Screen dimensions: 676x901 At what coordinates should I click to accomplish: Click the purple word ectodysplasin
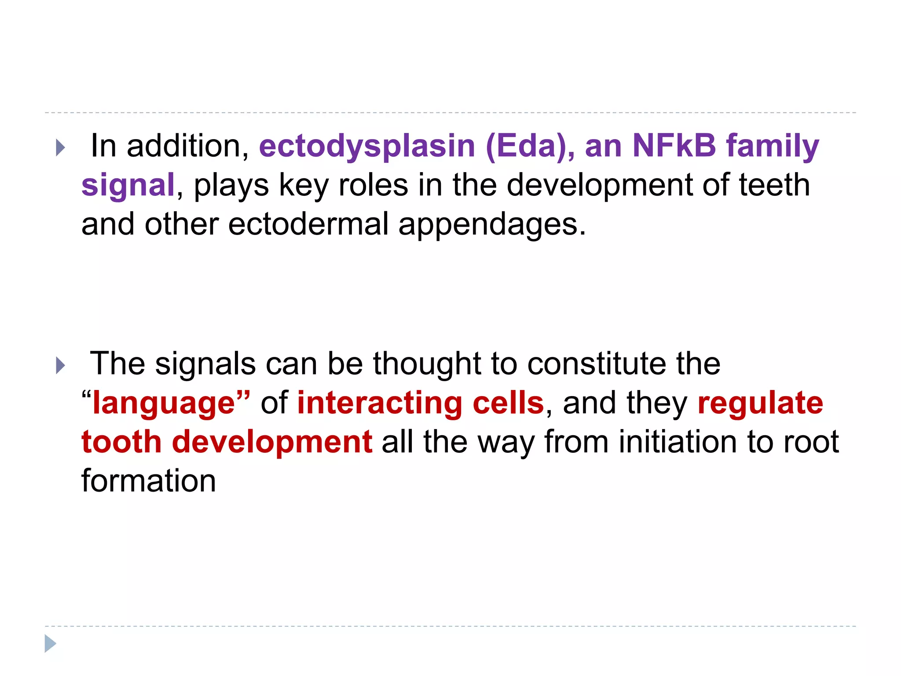pyautogui.click(x=367, y=146)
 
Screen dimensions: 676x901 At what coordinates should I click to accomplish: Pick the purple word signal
pyautogui.click(x=128, y=186)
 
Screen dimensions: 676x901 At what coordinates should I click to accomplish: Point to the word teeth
pyautogui.click(x=774, y=185)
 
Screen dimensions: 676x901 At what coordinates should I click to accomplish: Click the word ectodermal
pyautogui.click(x=308, y=224)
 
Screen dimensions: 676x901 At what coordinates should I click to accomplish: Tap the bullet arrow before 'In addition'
pyautogui.click(x=61, y=148)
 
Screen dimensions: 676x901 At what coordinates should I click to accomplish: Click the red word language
pyautogui.click(x=164, y=404)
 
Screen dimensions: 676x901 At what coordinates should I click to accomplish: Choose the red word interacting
pyautogui.click(x=380, y=403)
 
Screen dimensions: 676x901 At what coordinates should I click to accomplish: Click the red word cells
pyautogui.click(x=508, y=403)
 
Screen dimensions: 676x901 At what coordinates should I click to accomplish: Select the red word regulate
pyautogui.click(x=760, y=404)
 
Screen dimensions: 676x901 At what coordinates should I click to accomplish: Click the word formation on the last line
pyautogui.click(x=149, y=481)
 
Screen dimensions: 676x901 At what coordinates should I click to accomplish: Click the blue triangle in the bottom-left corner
pyautogui.click(x=50, y=644)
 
